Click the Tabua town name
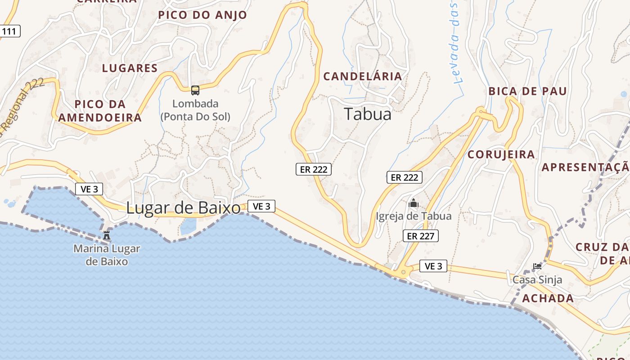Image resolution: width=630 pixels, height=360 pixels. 368,114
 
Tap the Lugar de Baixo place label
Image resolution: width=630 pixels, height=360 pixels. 183,208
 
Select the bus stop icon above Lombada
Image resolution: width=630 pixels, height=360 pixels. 195,90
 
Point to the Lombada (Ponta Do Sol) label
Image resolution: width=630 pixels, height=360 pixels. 195,110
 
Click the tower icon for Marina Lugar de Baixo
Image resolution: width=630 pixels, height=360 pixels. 107,235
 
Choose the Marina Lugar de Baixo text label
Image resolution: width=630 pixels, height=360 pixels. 107,255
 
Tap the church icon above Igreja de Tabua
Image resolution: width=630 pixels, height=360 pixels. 414,203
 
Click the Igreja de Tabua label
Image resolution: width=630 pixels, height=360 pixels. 414,216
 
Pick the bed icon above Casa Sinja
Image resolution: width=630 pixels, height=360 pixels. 537,266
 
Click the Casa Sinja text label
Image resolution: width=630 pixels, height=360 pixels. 537,280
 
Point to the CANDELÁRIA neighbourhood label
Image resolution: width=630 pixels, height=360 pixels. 363,76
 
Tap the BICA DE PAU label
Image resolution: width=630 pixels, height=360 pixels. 528,91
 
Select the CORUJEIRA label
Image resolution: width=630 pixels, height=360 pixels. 501,155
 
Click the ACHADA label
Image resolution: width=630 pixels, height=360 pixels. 548,298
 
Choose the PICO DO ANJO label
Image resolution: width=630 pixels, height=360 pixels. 202,15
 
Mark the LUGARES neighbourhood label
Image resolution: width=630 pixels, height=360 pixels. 130,68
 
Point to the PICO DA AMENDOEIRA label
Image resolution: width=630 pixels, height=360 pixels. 100,111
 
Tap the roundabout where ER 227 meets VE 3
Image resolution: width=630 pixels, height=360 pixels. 403,272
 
